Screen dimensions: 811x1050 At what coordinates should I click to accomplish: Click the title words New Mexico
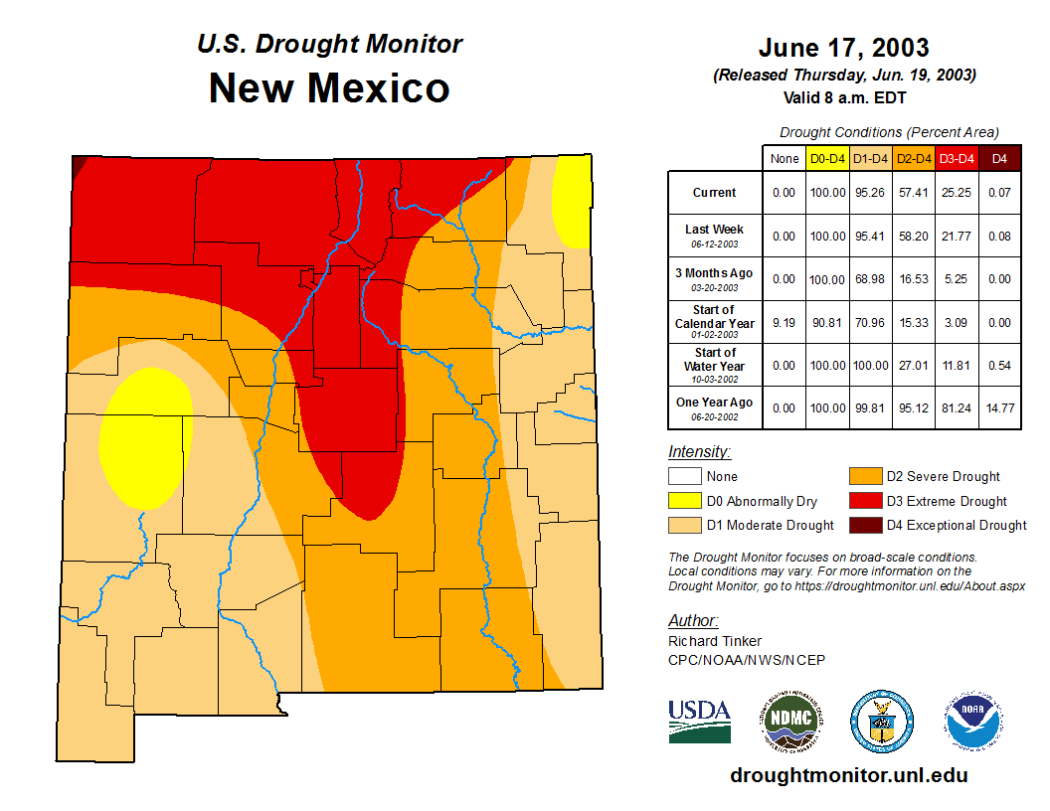tap(329, 88)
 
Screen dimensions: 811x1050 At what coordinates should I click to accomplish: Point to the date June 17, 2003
tap(843, 48)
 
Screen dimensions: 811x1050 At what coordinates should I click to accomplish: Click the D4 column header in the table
tap(1000, 158)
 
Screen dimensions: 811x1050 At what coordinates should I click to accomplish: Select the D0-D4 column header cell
tap(827, 158)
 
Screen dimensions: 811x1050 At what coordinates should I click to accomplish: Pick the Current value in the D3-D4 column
tap(957, 193)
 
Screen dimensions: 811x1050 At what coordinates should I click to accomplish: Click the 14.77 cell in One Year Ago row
tap(1000, 407)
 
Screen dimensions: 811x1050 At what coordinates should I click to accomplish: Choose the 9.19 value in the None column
tap(785, 322)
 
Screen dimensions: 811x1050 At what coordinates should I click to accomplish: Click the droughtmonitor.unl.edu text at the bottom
tap(848, 775)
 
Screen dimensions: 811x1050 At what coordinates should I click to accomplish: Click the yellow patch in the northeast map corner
tap(572, 204)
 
